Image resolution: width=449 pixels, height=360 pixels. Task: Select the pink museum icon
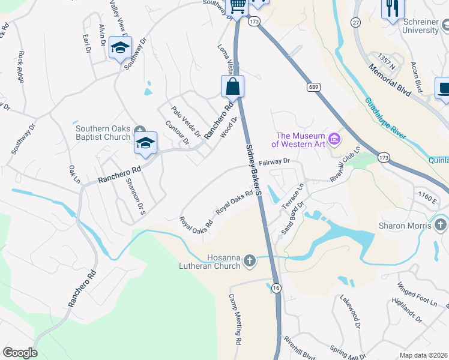click(x=335, y=140)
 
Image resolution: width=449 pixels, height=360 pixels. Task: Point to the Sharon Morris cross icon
click(x=440, y=226)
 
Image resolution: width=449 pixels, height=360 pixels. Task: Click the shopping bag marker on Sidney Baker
click(x=232, y=87)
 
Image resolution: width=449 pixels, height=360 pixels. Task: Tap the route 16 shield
click(x=276, y=289)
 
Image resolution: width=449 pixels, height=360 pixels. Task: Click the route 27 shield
click(x=356, y=22)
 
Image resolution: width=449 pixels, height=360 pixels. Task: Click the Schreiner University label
click(x=412, y=25)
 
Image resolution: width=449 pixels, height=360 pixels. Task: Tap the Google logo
click(x=20, y=353)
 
